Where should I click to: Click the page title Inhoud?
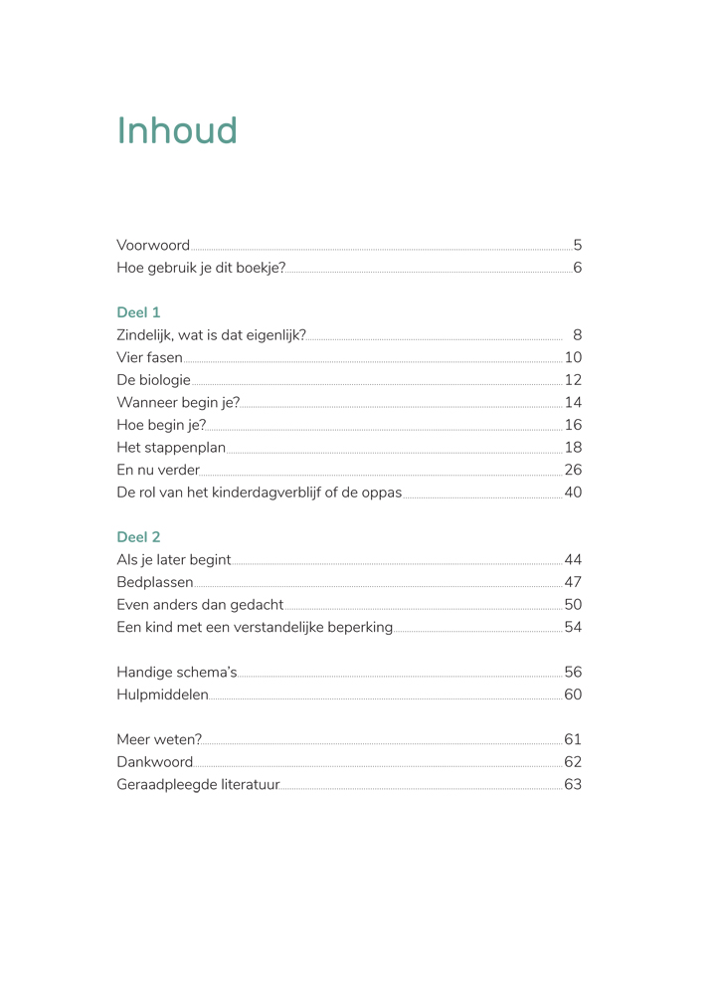(177, 131)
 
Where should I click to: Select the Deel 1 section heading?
(138, 312)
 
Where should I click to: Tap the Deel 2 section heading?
(138, 537)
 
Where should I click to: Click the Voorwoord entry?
(153, 246)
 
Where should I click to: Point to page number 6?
(577, 268)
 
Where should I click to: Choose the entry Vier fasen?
(149, 358)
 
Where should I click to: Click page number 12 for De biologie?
(573, 380)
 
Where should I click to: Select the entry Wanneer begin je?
(178, 403)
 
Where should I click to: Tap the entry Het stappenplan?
(171, 448)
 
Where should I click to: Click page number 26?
(573, 470)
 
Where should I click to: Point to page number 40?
(573, 493)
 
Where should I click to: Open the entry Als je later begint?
(173, 560)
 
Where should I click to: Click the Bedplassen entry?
(154, 582)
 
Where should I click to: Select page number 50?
(573, 605)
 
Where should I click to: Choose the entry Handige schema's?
(176, 673)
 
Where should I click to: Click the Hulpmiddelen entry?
(162, 695)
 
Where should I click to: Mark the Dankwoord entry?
(154, 762)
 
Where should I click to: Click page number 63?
(573, 785)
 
